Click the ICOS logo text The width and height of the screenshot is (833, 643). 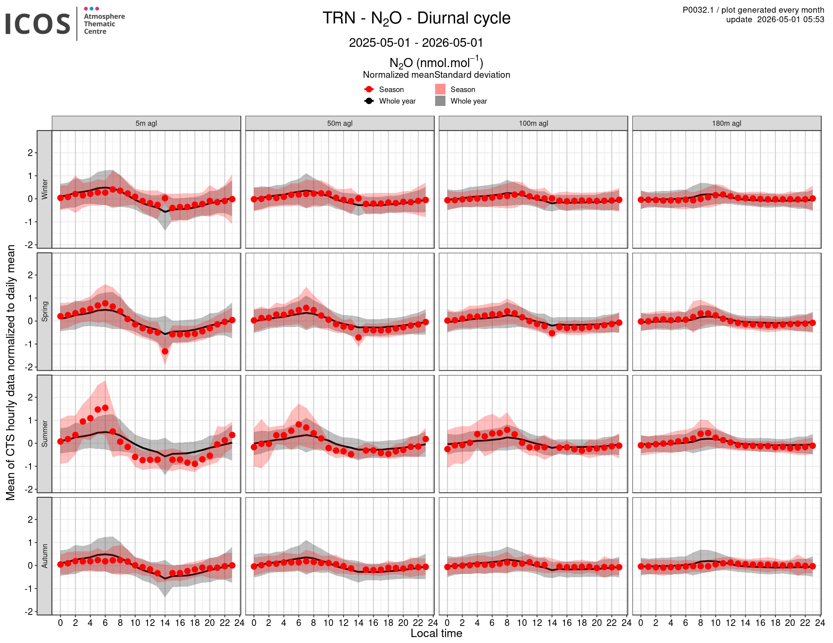(x=38, y=24)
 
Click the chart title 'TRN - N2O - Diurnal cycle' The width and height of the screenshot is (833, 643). (x=416, y=19)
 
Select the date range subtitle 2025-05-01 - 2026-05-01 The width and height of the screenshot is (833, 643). (x=416, y=42)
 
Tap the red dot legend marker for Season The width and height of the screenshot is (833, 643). (x=369, y=89)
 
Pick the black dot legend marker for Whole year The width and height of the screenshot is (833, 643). (x=369, y=101)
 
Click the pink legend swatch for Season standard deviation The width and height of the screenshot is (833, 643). (x=440, y=89)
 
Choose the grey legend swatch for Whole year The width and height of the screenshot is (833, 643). (x=440, y=101)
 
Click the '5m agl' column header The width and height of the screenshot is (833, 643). (x=146, y=123)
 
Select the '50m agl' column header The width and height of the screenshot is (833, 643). (x=340, y=123)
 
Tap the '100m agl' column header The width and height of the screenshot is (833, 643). (x=534, y=123)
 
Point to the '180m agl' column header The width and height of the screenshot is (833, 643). (x=727, y=123)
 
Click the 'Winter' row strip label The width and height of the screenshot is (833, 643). (x=44, y=189)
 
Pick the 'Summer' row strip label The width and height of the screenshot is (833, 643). (x=44, y=434)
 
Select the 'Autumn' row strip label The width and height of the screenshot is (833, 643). (x=44, y=556)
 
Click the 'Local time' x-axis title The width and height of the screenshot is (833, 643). (x=436, y=633)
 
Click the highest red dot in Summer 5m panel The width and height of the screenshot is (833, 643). (x=105, y=408)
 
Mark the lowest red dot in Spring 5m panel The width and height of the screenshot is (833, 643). (x=165, y=351)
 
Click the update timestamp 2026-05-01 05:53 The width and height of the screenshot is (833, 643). (x=791, y=19)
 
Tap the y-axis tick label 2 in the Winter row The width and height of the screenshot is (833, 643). (x=30, y=153)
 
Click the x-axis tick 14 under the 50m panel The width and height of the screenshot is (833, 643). (x=358, y=622)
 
